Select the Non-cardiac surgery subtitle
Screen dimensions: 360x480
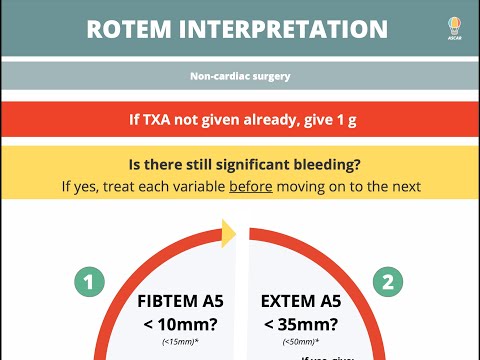(239, 76)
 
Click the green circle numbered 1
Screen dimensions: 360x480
(90, 282)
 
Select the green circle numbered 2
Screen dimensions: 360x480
(388, 282)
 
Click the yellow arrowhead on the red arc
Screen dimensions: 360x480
(226, 234)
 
